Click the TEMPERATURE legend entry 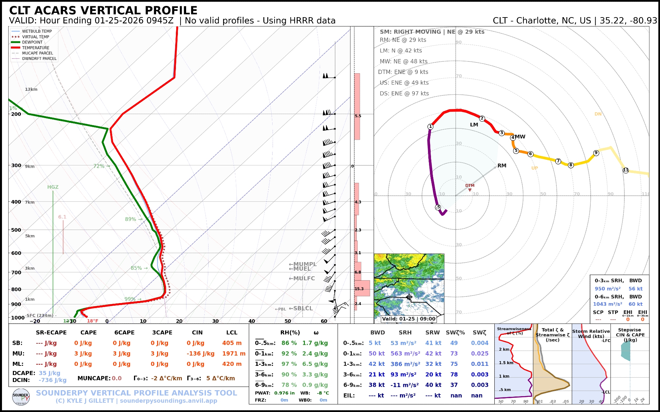36,48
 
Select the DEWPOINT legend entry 32,42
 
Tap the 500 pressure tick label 16,230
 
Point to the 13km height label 31,89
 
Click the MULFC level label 302,279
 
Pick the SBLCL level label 301,309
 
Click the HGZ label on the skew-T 53,187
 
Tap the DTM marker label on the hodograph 470,186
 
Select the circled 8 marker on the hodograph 571,165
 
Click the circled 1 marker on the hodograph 430,126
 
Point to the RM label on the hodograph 502,166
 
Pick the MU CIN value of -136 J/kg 201,354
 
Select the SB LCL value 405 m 232,343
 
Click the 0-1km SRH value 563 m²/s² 405,354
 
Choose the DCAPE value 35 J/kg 49,373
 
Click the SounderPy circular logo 21,397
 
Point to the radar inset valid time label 409,319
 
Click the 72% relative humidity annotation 99,166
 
